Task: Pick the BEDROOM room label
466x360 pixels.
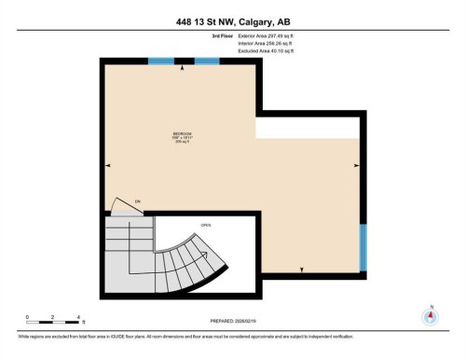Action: pyautogui.click(x=182, y=132)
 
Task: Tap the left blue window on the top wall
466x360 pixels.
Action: pyautogui.click(x=161, y=62)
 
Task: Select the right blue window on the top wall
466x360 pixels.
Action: pyautogui.click(x=206, y=62)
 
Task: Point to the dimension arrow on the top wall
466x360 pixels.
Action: pyautogui.click(x=183, y=68)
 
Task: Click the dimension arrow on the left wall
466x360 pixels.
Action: pyautogui.click(x=108, y=166)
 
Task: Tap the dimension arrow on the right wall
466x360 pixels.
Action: pyautogui.click(x=356, y=166)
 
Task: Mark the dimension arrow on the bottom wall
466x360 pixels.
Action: pyautogui.click(x=302, y=270)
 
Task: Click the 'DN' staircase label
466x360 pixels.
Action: pyautogui.click(x=136, y=202)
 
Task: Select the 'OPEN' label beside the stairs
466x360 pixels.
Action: pyautogui.click(x=206, y=225)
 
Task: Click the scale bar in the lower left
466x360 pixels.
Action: pyautogui.click(x=54, y=322)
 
